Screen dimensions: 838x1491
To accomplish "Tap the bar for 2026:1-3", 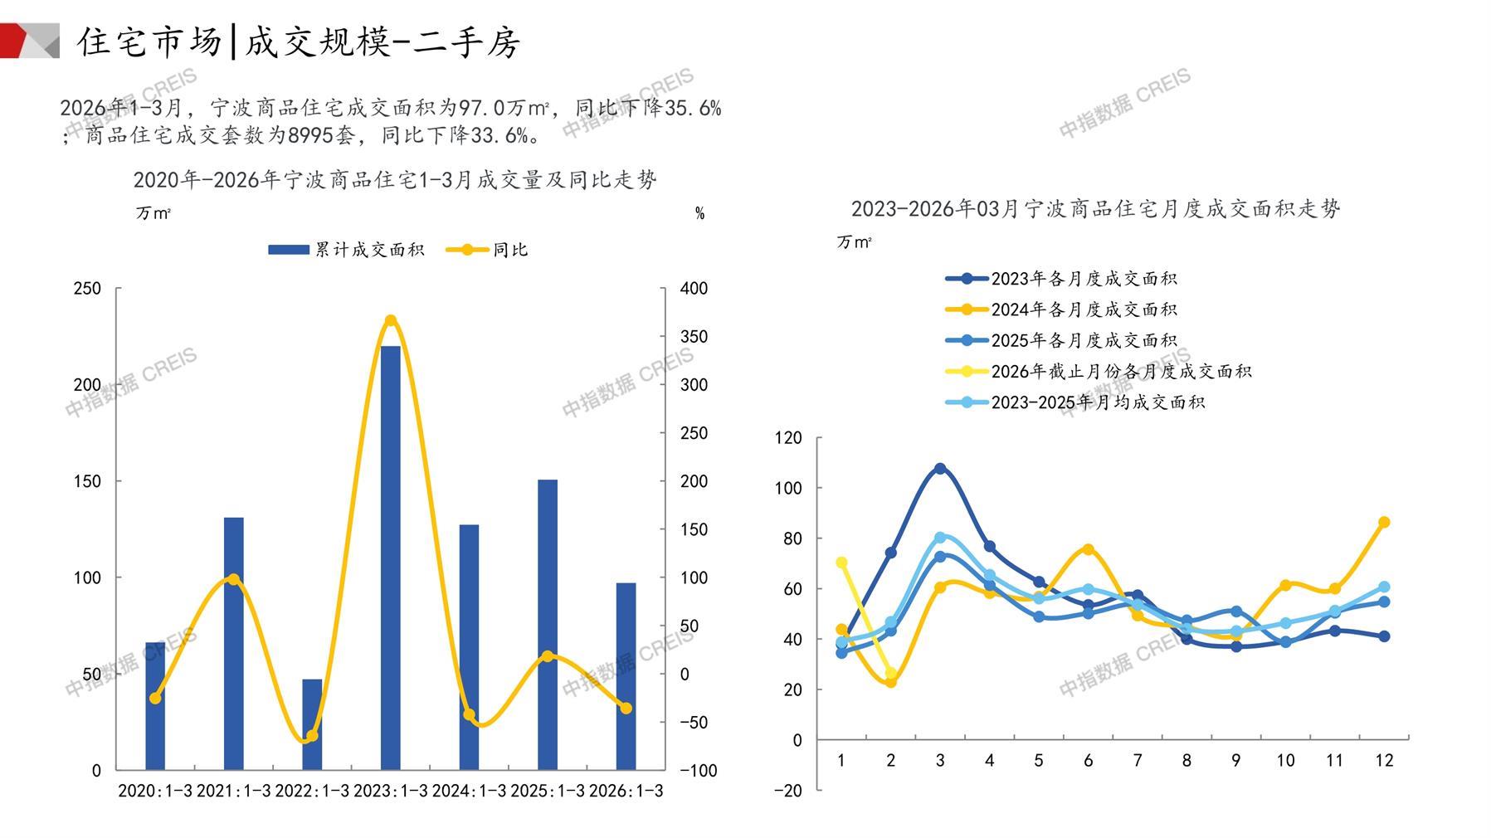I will [626, 676].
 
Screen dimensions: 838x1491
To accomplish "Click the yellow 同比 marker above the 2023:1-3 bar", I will [391, 320].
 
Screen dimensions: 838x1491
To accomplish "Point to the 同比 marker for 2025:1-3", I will [547, 656].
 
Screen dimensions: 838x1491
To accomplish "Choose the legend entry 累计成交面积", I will [346, 250].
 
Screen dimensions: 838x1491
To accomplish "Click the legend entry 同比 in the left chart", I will [487, 250].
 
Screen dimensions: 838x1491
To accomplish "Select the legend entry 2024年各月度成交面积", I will [1061, 309].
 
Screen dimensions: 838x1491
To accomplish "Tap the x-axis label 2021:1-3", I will [233, 791].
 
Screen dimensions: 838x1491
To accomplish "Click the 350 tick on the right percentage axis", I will [694, 337].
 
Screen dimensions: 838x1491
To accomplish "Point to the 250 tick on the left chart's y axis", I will [87, 289].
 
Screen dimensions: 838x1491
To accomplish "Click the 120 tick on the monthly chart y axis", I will [788, 438].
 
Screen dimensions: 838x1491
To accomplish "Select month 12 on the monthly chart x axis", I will [1383, 761].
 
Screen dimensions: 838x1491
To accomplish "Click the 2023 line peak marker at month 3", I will [940, 469].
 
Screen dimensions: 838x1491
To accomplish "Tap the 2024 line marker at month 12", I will [1383, 523].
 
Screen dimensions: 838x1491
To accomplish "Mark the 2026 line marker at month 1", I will [841, 563].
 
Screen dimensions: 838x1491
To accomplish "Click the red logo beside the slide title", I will [29, 41].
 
